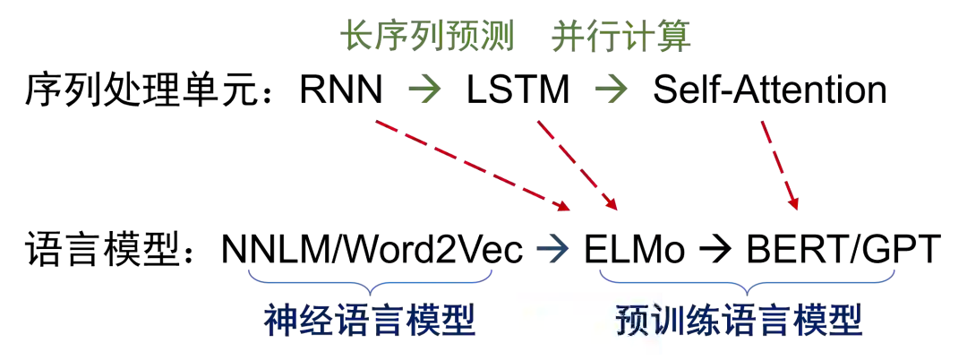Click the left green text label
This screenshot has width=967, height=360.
430,38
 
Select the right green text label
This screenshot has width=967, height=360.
623,38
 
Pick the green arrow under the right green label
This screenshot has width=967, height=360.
613,88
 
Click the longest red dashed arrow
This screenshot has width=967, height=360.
472,164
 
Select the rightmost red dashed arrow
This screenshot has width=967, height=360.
780,166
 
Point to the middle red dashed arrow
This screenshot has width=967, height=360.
578,165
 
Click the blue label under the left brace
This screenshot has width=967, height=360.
371,320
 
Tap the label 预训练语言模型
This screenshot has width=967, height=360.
740,320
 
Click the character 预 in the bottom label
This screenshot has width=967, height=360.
632,320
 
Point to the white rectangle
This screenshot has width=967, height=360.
586,322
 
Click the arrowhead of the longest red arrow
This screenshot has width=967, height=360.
564,207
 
